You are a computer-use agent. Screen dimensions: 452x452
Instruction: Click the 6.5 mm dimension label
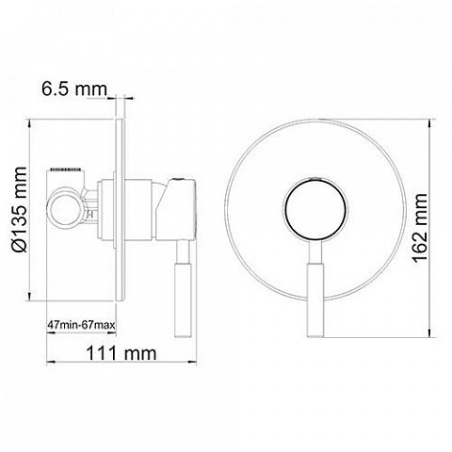(74, 89)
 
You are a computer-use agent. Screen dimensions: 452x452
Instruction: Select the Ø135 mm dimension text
(19, 209)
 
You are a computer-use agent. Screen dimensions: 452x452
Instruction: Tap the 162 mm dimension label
(419, 228)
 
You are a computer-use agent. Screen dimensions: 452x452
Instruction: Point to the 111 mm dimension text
(121, 353)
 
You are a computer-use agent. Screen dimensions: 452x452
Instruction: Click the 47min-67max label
(82, 324)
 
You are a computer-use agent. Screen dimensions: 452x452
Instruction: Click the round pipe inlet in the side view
(66, 209)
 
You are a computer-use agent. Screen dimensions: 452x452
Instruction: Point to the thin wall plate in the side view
(121, 210)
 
